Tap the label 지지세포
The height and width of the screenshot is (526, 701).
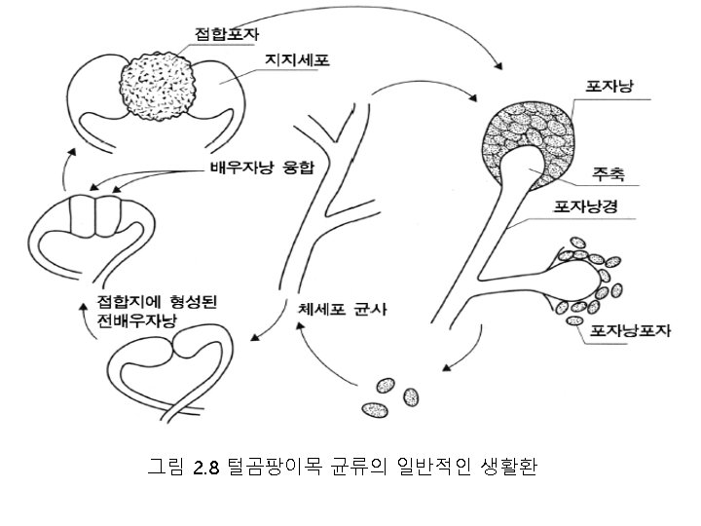297,60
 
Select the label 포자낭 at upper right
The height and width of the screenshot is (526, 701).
611,87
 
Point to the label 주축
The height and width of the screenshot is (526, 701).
608,176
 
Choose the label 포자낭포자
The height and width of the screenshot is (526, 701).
624,330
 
